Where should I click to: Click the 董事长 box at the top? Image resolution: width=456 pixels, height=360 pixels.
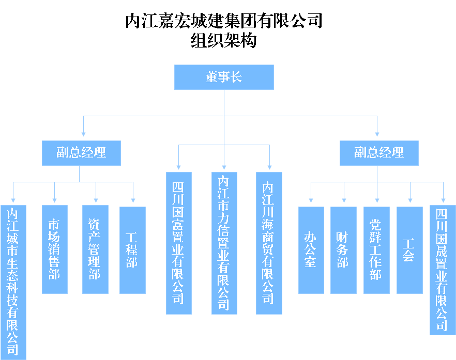coord(224,77)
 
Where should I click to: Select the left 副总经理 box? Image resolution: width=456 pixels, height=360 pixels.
coord(81,153)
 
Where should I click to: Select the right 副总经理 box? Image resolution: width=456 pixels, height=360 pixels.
coord(379,153)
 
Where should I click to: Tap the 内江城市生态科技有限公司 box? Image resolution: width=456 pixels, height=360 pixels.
coord(13,283)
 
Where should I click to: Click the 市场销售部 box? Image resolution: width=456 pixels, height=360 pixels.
coord(55,249)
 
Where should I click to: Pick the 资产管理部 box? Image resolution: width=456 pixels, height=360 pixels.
coord(95,249)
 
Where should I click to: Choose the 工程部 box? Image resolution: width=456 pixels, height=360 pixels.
coord(132,250)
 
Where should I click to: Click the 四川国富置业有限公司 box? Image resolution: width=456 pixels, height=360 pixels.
coord(179,243)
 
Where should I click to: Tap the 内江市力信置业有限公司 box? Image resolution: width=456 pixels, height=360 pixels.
coord(224,243)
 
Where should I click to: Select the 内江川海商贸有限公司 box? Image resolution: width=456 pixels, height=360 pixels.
coord(269,243)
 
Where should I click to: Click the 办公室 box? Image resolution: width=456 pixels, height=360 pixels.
coord(311,250)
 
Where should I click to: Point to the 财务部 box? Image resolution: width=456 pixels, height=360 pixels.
coord(343,250)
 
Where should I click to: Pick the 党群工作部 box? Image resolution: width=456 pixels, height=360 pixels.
coord(376,250)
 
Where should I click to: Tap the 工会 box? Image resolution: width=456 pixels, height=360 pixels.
coord(410,250)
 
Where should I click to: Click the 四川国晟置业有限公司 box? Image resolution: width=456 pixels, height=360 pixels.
coord(443,270)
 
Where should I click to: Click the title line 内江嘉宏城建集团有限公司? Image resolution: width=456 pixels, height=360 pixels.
coord(224,21)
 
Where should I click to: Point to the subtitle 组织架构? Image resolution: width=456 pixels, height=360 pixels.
coord(224,40)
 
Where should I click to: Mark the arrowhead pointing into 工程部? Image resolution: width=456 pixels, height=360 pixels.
coord(133,200)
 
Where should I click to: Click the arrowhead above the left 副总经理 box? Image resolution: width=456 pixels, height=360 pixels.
coord(83,134)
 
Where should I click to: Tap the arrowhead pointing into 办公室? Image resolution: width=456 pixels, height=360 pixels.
coord(311,200)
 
